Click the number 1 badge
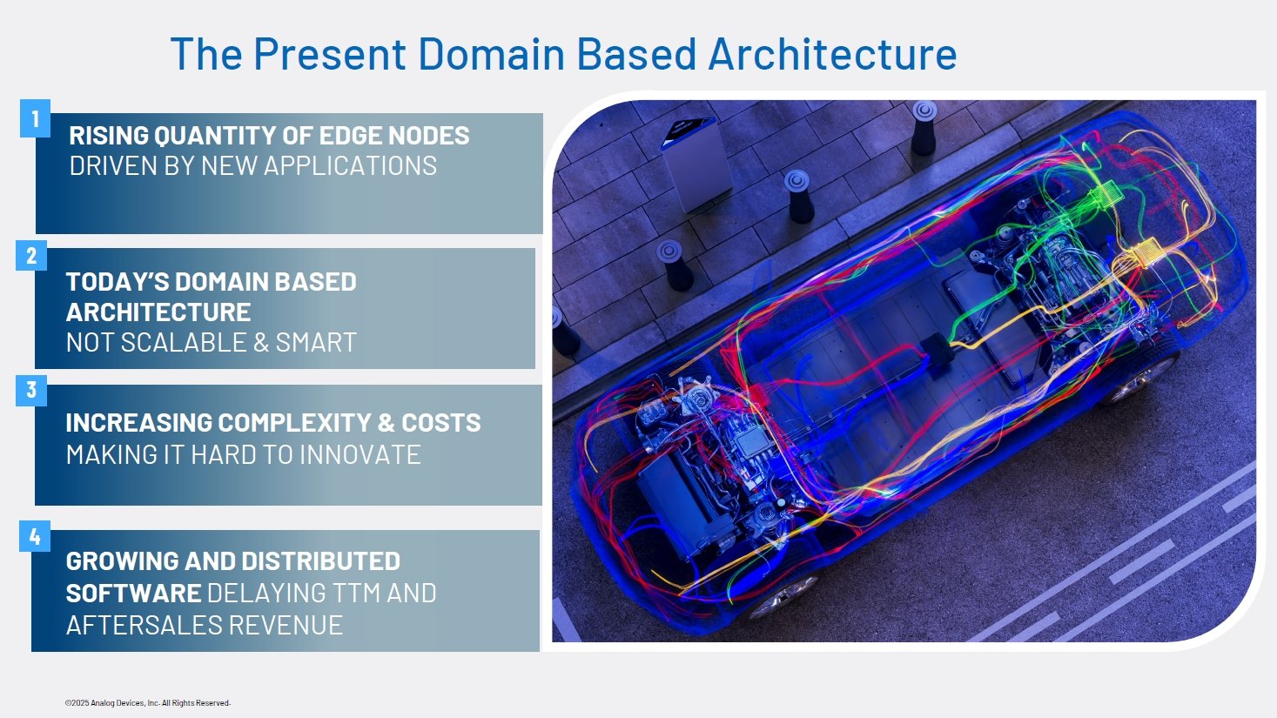35,118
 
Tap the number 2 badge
31,256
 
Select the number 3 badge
31,390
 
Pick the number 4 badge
35,537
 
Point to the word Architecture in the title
832,54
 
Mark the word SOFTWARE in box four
133,594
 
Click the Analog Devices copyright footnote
147,703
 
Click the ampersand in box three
386,423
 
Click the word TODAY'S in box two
118,282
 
